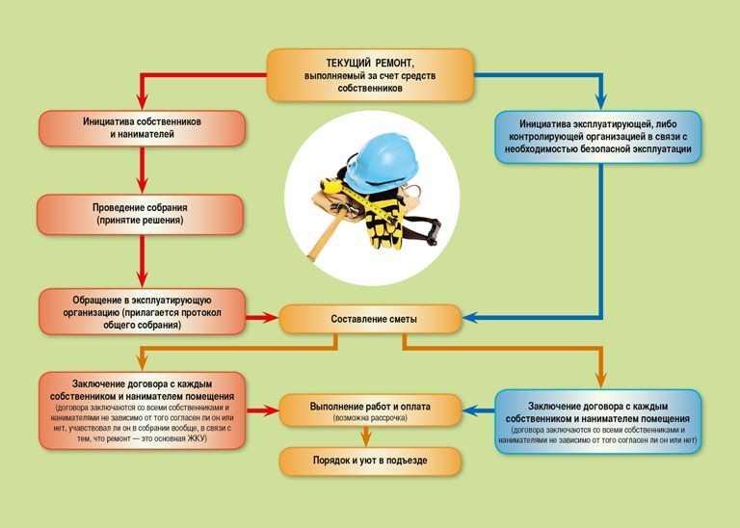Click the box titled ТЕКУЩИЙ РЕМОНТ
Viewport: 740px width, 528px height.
[370, 74]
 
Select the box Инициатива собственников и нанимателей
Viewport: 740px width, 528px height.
[140, 128]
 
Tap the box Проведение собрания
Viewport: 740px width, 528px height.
[140, 214]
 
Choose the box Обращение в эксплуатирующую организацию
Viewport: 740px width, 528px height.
[140, 310]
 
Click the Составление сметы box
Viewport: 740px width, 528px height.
[370, 317]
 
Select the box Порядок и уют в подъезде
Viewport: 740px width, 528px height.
[370, 461]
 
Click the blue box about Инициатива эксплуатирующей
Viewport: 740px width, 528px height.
[597, 137]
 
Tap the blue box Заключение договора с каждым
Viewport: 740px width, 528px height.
[597, 419]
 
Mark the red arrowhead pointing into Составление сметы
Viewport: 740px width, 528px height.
[269, 317]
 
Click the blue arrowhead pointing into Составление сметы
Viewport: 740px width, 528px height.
[469, 317]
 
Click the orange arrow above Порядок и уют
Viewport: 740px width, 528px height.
[370, 438]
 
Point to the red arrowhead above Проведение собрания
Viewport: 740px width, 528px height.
[141, 188]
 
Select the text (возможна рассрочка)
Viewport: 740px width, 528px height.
[370, 419]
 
